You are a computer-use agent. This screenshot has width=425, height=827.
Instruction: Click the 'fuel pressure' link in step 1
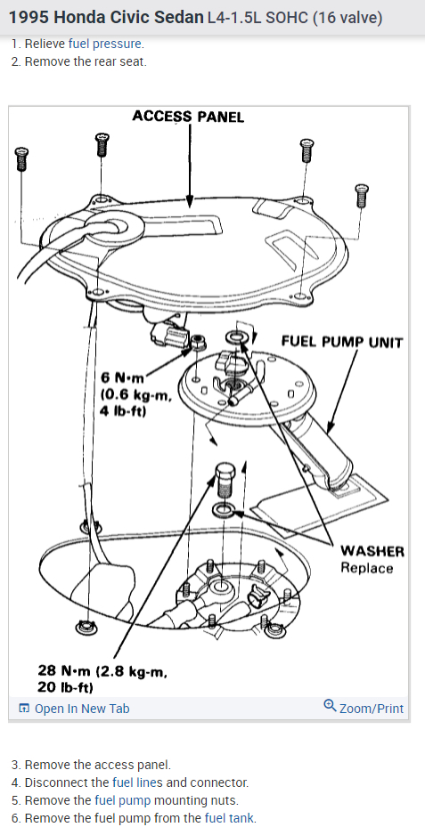[x=104, y=44]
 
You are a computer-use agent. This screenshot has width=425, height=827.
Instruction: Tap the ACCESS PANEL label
[x=188, y=117]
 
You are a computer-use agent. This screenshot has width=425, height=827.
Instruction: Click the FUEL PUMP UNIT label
[x=342, y=342]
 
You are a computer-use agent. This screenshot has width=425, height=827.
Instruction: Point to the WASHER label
[x=372, y=551]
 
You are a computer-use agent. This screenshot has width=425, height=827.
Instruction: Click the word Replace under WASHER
[x=367, y=568]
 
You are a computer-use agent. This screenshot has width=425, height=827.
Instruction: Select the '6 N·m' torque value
[x=122, y=378]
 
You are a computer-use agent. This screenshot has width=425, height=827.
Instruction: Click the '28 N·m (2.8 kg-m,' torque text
[x=102, y=670]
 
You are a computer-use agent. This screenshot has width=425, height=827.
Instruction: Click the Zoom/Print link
[x=364, y=708]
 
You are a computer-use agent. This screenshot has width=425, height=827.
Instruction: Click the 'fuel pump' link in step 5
[x=122, y=800]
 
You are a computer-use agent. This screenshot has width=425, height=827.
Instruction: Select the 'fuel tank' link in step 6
[x=229, y=819]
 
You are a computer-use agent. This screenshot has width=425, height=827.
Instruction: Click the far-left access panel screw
[x=21, y=158]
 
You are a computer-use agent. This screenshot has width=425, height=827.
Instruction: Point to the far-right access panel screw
[x=361, y=196]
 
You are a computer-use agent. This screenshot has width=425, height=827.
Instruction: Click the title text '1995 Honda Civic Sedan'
[x=106, y=18]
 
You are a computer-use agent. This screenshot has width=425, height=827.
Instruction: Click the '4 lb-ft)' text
[x=122, y=409]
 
